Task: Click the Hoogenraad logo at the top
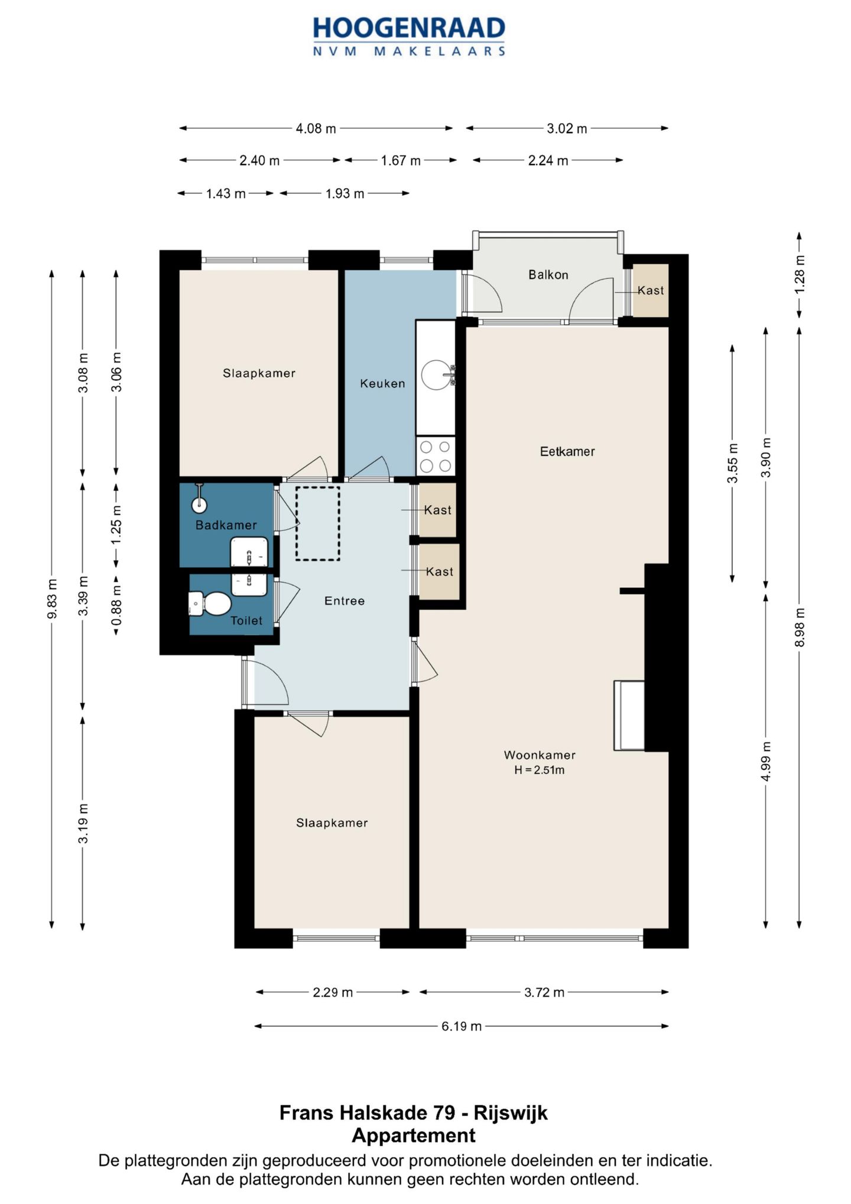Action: [x=409, y=36]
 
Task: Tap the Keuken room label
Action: [x=382, y=383]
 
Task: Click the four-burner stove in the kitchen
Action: [x=436, y=456]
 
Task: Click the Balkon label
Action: [x=548, y=274]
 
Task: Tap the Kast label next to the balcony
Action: [x=651, y=290]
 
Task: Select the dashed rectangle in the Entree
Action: [x=318, y=523]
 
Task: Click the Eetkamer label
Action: [x=567, y=451]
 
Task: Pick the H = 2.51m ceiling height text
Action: [x=539, y=770]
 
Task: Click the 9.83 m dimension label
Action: [x=53, y=598]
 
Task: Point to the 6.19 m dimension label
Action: [x=462, y=1026]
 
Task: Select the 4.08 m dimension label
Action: [x=316, y=128]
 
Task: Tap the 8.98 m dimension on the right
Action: [x=800, y=627]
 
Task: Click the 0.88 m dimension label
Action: [x=117, y=605]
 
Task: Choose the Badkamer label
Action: [x=226, y=525]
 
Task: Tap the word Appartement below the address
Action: [x=414, y=1135]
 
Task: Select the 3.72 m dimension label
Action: [x=544, y=992]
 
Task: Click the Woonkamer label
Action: [x=540, y=755]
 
